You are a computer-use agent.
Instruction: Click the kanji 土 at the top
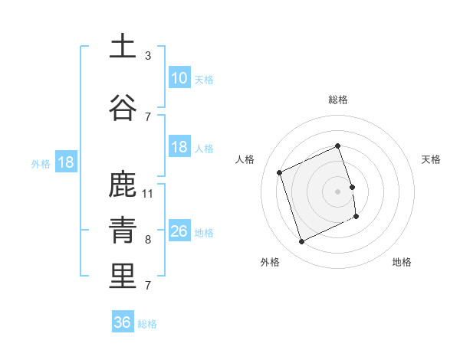click(123, 47)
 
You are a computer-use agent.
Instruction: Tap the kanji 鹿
click(123, 185)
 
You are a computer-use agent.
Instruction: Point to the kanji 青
click(123, 231)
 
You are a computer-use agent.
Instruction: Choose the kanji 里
click(123, 277)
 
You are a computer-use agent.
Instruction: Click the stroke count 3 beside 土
click(148, 56)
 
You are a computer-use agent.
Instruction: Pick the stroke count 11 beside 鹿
click(149, 193)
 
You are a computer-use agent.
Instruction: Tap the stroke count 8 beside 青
click(148, 240)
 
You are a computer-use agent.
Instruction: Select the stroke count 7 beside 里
click(148, 286)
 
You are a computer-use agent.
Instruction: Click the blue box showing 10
click(179, 78)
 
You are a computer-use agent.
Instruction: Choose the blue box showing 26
click(179, 231)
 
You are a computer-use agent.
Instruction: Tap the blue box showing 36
click(122, 322)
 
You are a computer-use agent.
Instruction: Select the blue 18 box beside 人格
click(179, 147)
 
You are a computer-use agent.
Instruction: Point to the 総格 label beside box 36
click(148, 324)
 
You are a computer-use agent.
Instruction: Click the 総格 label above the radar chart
click(337, 100)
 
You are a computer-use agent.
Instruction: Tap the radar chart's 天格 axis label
click(432, 159)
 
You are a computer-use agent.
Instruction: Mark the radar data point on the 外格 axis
click(301, 242)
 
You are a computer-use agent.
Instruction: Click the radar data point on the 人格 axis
click(280, 172)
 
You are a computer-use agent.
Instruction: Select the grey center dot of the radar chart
click(337, 191)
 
